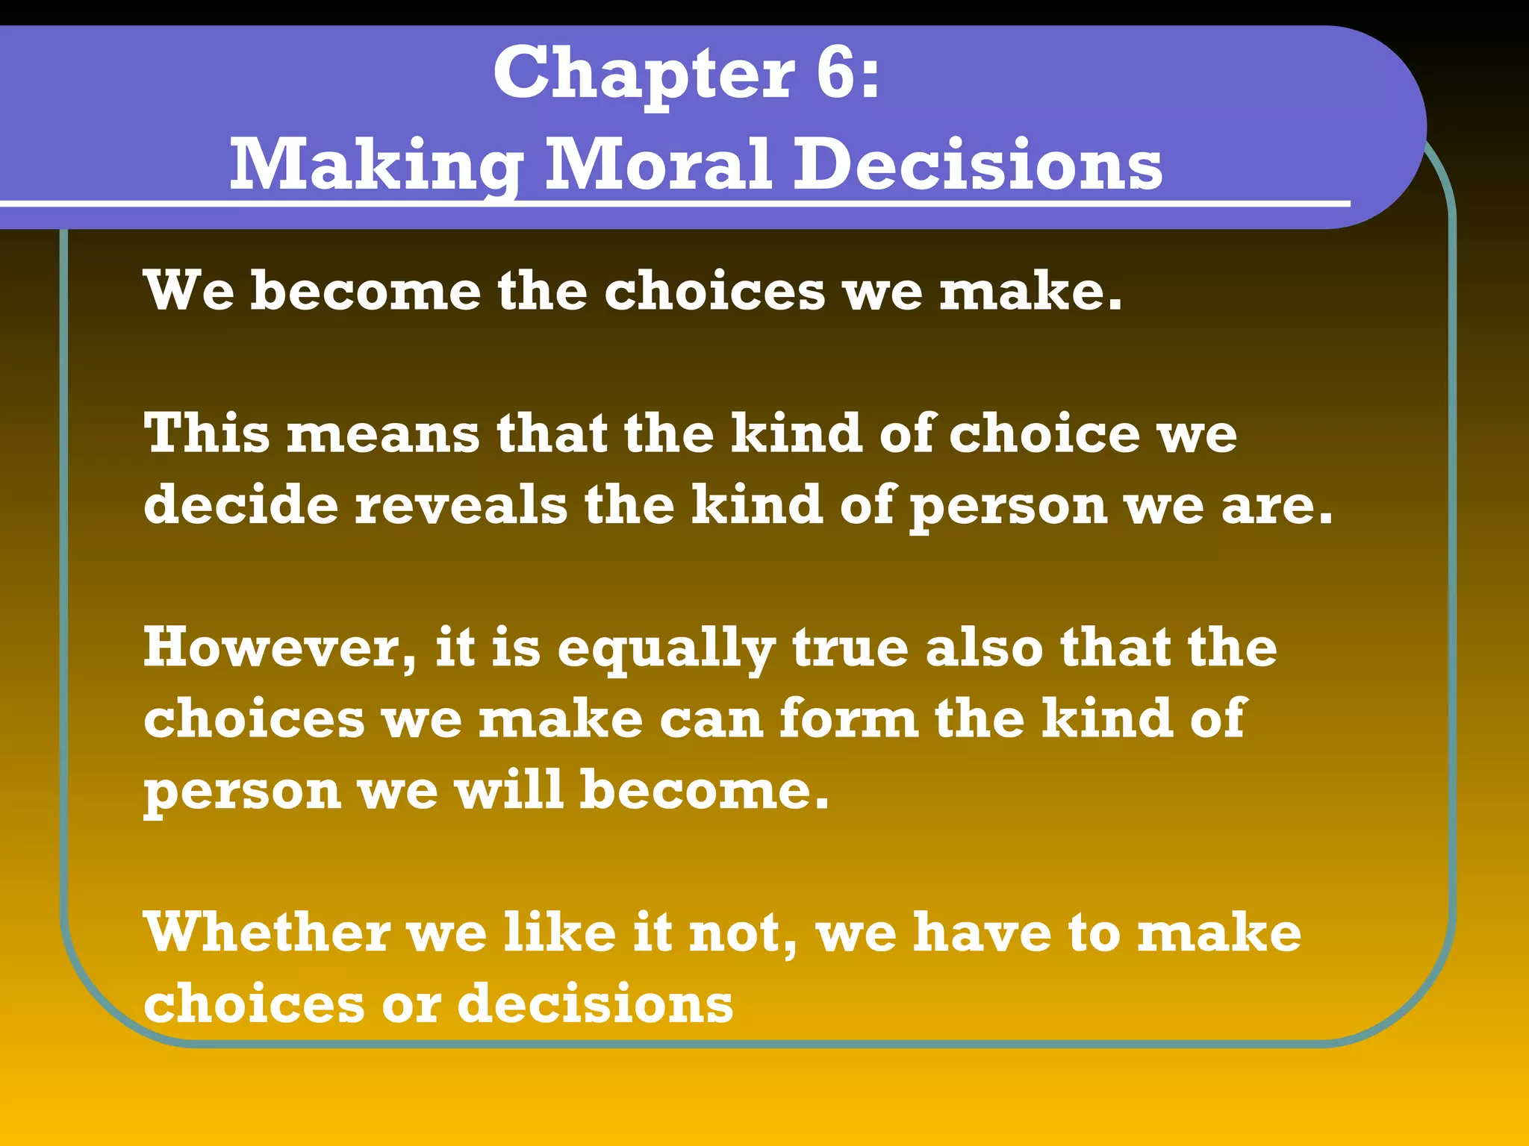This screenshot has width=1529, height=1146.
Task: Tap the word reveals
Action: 461,504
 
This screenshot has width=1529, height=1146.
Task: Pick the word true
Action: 850,648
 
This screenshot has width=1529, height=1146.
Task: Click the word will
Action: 509,789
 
